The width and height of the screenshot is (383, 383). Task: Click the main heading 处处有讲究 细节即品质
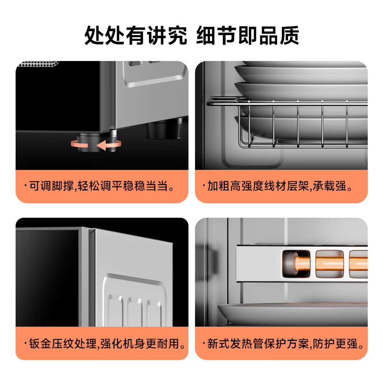[191, 35]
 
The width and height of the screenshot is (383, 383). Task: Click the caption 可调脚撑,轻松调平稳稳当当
[101, 186]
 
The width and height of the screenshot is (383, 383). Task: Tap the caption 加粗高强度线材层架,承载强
[281, 186]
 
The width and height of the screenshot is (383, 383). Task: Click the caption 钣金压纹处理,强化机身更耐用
[106, 343]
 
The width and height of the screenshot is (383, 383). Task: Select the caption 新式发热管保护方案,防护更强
[285, 343]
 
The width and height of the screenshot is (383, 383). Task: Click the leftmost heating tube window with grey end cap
[295, 264]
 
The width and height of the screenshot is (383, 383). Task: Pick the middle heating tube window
[329, 264]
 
